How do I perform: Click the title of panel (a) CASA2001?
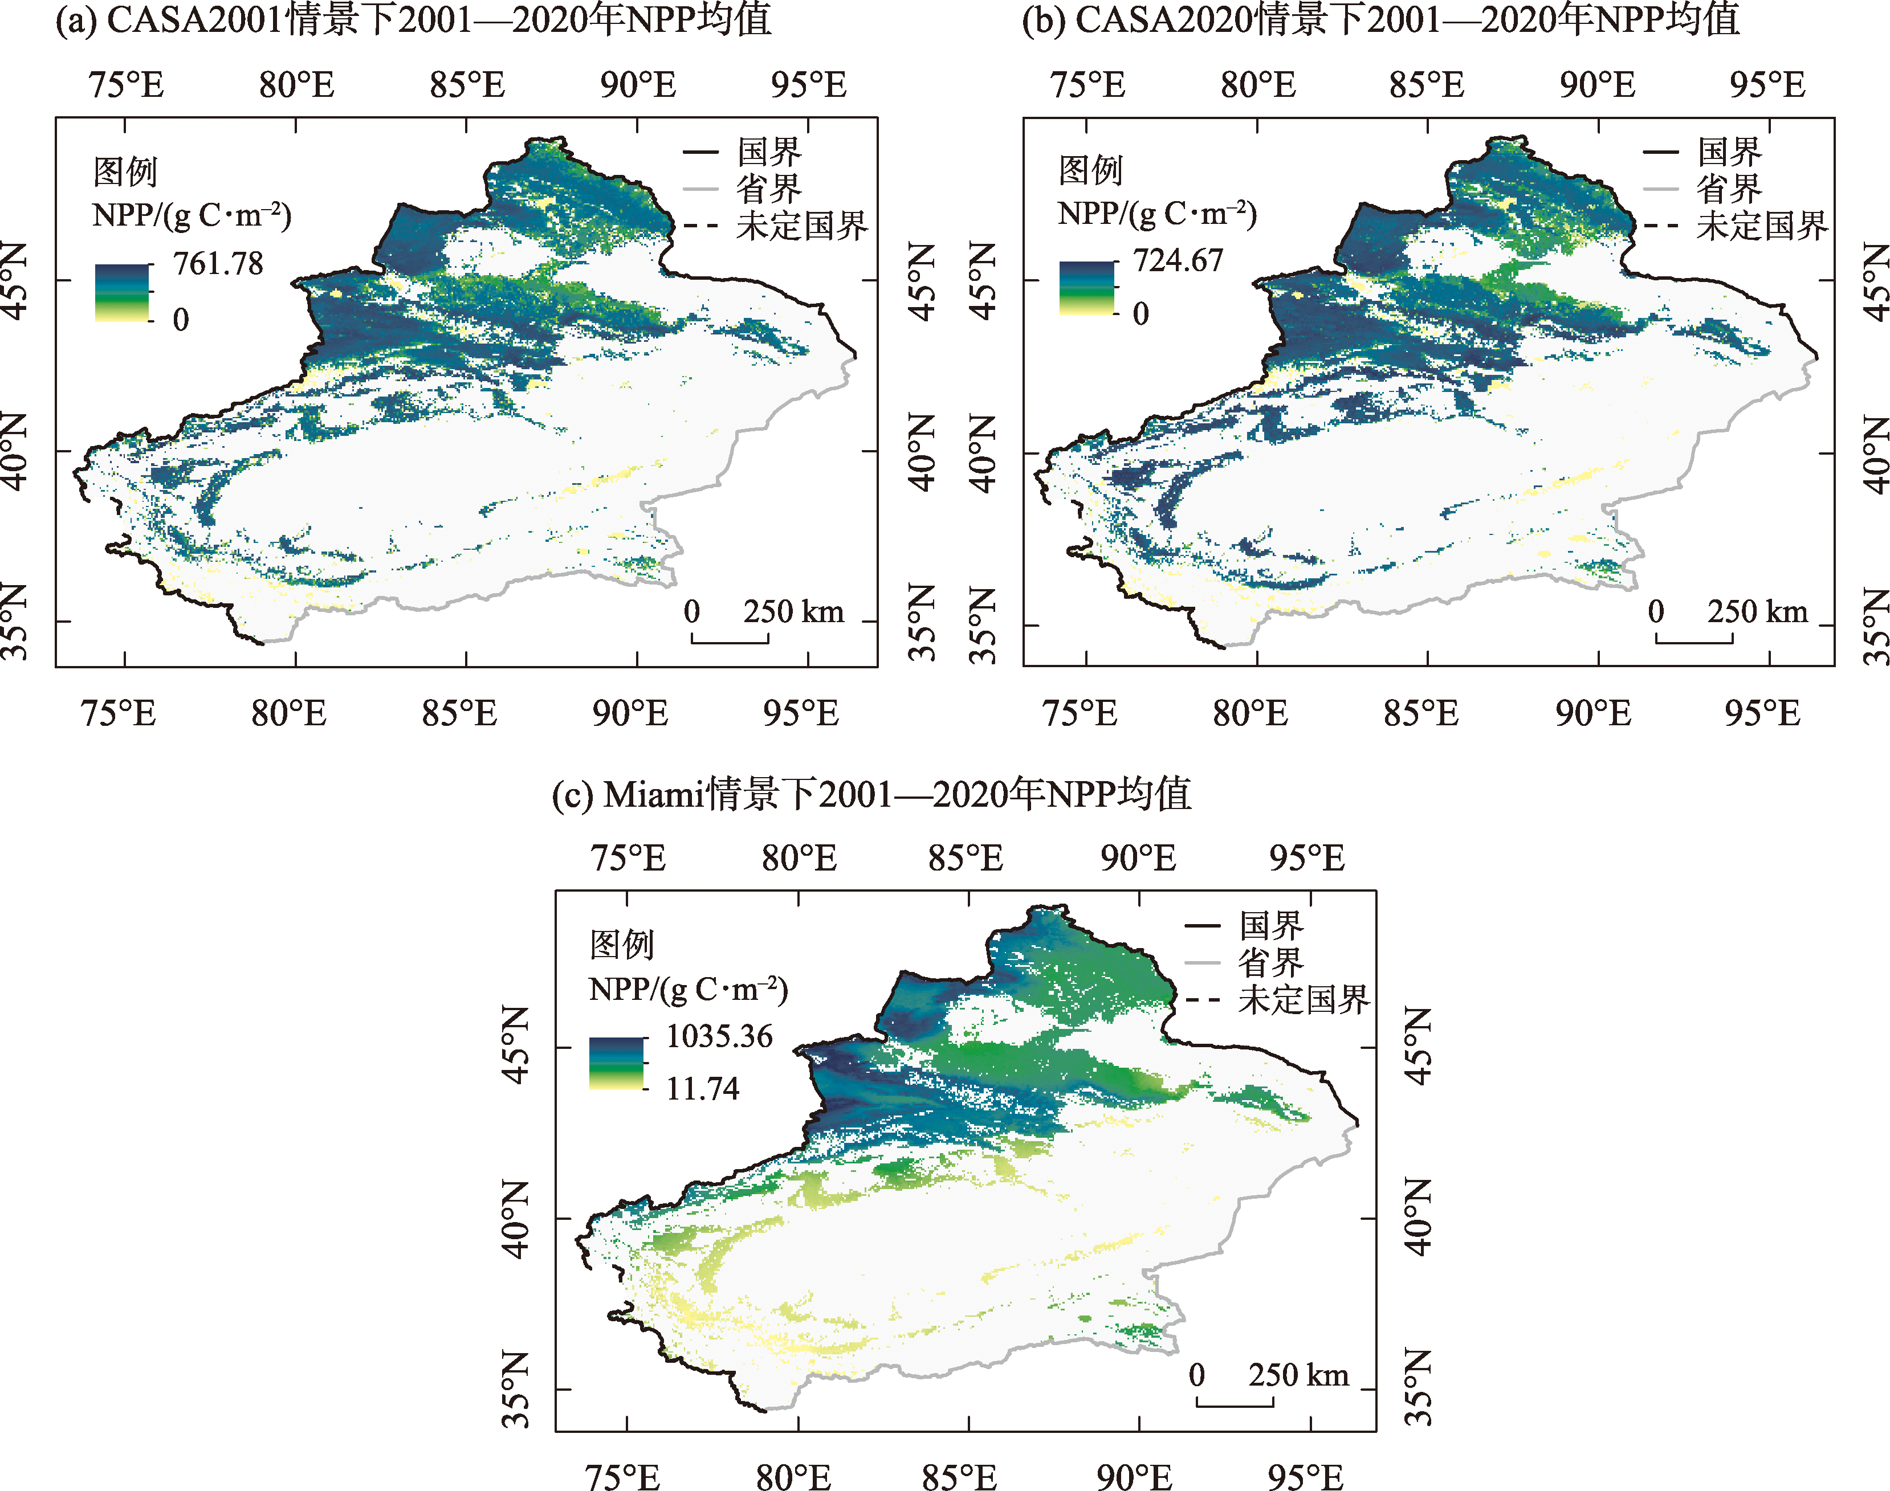(413, 19)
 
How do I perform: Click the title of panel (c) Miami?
(871, 794)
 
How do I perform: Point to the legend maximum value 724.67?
(1178, 260)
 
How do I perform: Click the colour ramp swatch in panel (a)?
(121, 292)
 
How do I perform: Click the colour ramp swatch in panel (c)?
(617, 1063)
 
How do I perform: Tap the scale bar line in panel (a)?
(730, 642)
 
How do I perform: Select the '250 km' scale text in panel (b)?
(1757, 611)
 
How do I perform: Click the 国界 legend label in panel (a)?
(768, 152)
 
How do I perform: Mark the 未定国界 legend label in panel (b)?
(1762, 226)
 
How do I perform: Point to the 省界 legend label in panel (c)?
(1271, 963)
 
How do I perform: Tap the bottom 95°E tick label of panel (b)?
(1762, 713)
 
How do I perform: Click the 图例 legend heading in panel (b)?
(1090, 169)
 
